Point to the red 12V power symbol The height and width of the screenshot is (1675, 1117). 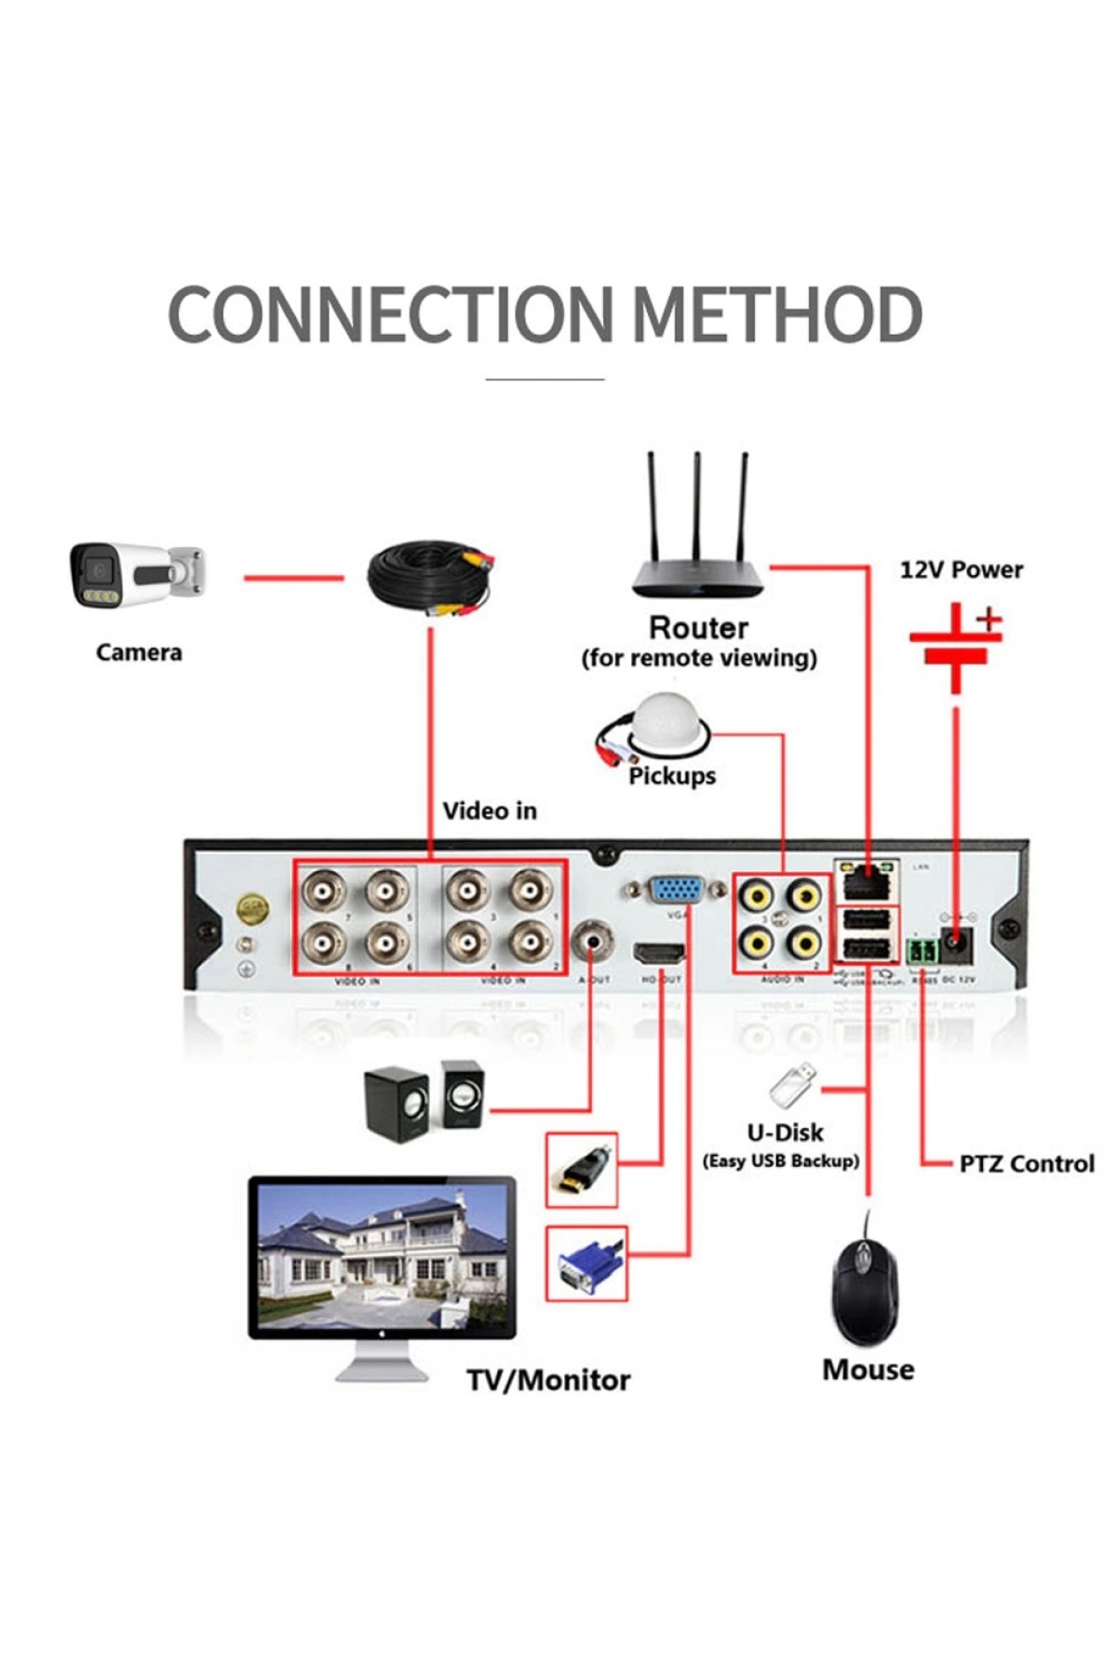coord(956,646)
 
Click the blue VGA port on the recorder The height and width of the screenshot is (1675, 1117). coord(676,891)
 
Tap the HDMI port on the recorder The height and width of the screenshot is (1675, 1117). coord(659,954)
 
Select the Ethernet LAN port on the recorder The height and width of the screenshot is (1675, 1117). coord(866,880)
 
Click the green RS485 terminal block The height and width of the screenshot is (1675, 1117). coord(921,951)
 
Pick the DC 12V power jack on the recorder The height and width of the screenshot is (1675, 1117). coord(957,945)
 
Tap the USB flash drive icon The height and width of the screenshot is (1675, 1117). coord(793,1084)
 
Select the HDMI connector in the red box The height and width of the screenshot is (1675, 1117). coord(582,1170)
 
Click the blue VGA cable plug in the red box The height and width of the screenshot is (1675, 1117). coord(586,1264)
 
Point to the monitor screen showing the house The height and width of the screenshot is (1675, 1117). coord(382,1256)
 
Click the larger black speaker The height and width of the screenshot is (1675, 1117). coord(396,1105)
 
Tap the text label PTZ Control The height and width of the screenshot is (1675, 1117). coord(1026,1163)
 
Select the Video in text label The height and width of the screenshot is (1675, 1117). coord(490,811)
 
